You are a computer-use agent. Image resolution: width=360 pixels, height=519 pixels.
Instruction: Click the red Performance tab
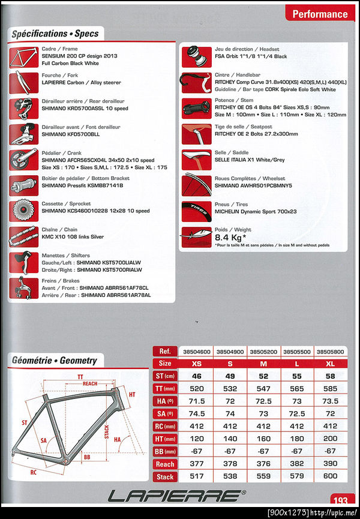[320, 14]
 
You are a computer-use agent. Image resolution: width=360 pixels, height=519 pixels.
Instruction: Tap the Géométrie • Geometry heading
[54, 361]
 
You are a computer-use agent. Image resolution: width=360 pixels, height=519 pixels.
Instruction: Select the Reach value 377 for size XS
[197, 464]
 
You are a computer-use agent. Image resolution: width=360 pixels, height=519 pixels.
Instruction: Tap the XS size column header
[197, 363]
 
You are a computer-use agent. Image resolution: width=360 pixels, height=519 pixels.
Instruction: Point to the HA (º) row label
[165, 401]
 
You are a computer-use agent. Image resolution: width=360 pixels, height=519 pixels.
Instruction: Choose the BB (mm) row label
[165, 451]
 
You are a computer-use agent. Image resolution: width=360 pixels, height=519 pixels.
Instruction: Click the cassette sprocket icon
[25, 211]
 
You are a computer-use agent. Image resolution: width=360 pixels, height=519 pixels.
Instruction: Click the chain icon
[25, 236]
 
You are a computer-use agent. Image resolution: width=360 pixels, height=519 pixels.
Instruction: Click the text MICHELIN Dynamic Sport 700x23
[256, 212]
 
